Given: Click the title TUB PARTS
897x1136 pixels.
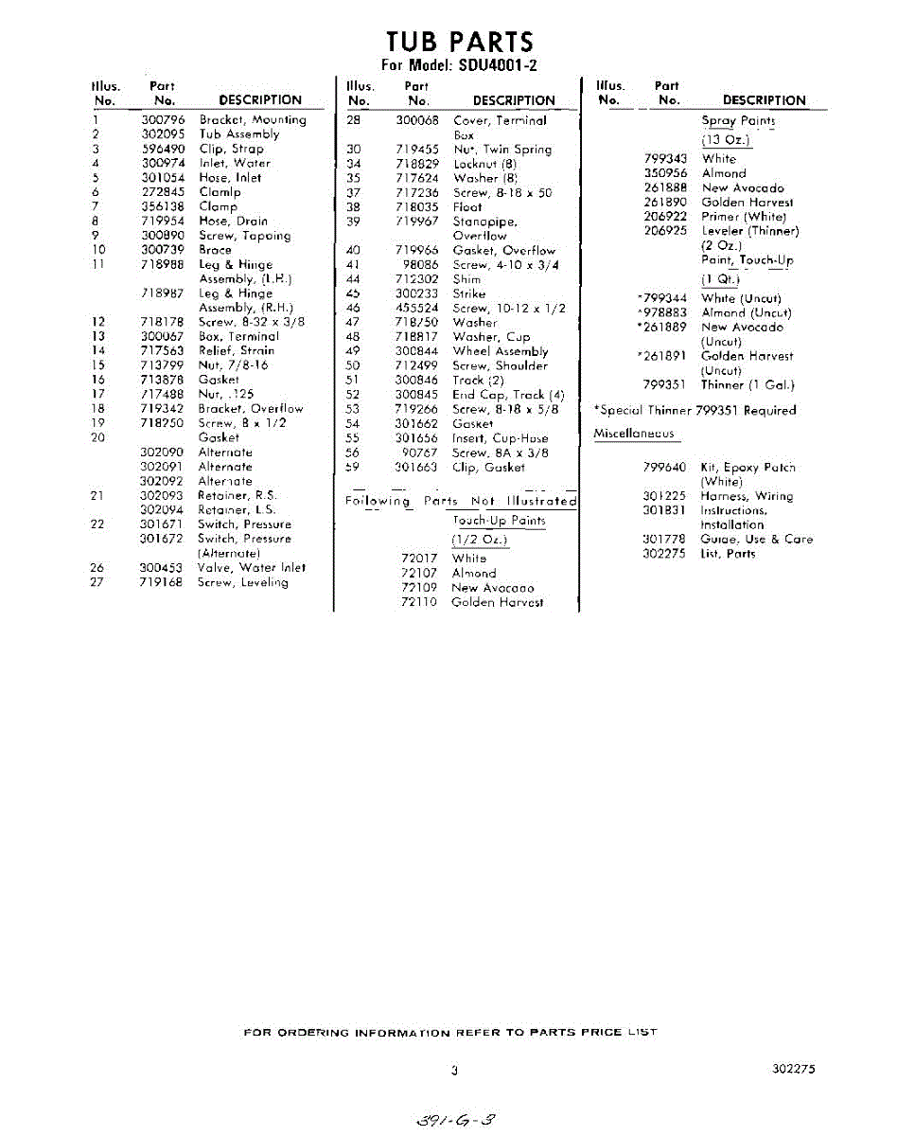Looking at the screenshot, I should pyautogui.click(x=460, y=42).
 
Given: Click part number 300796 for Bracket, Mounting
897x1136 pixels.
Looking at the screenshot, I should pyautogui.click(x=163, y=120).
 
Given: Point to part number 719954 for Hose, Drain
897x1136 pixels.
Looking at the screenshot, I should pyautogui.click(x=163, y=221).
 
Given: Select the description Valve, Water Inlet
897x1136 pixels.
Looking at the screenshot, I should pyautogui.click(x=251, y=568).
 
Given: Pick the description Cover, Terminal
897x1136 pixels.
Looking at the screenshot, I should pyautogui.click(x=500, y=120).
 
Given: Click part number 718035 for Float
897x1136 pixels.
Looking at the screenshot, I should pyautogui.click(x=417, y=206).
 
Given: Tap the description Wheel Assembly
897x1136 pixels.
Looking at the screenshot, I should pyautogui.click(x=501, y=351).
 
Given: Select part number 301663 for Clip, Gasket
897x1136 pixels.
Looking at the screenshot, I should pyautogui.click(x=417, y=467).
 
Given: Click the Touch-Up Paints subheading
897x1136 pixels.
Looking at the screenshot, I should pyautogui.click(x=499, y=521).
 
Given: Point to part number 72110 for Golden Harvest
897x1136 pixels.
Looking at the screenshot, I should pyautogui.click(x=419, y=602).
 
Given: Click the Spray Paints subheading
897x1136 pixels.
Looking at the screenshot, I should pyautogui.click(x=738, y=120).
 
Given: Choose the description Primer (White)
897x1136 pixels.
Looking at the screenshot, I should pyautogui.click(x=744, y=217).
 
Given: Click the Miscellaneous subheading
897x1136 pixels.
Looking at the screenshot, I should pyautogui.click(x=634, y=434).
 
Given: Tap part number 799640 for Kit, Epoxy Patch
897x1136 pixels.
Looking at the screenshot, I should pyautogui.click(x=664, y=468).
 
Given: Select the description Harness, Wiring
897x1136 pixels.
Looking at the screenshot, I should pyautogui.click(x=747, y=496).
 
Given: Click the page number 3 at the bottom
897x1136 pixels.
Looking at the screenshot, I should pyautogui.click(x=454, y=1071).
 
